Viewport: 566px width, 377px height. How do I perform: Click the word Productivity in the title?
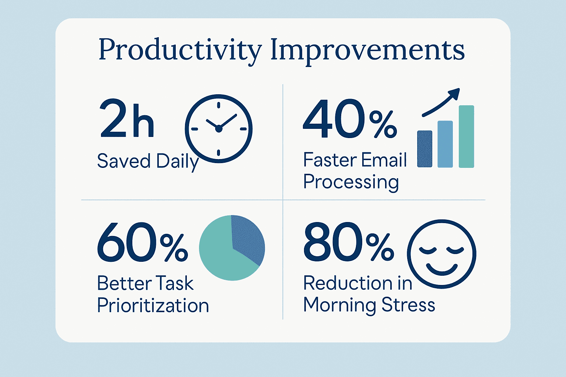[180, 50]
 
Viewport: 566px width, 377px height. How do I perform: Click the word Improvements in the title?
[368, 50]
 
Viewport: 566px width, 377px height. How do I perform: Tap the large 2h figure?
[127, 118]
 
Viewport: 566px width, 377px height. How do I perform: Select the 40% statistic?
[350, 119]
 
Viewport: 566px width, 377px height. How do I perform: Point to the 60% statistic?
[143, 242]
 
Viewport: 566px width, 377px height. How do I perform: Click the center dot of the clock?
[219, 129]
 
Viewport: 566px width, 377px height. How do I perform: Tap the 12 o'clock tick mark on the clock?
[219, 105]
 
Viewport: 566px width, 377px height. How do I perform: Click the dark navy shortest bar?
[425, 149]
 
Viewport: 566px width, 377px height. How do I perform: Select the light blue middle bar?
[445, 144]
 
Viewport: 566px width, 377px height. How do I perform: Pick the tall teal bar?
[467, 136]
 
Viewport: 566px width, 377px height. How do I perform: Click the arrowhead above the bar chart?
[455, 93]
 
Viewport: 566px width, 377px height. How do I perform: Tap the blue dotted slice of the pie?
[248, 240]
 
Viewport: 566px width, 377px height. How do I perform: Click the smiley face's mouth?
[442, 270]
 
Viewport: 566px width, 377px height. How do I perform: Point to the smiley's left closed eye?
[428, 250]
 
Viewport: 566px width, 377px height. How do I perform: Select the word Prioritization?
[153, 305]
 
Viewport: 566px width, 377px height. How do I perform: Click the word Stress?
[408, 304]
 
